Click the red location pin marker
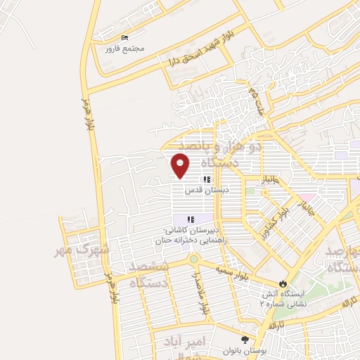pos(181,165)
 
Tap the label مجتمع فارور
pos(124,49)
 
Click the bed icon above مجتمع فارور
pos(124,38)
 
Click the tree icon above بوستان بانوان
pos(244,340)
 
